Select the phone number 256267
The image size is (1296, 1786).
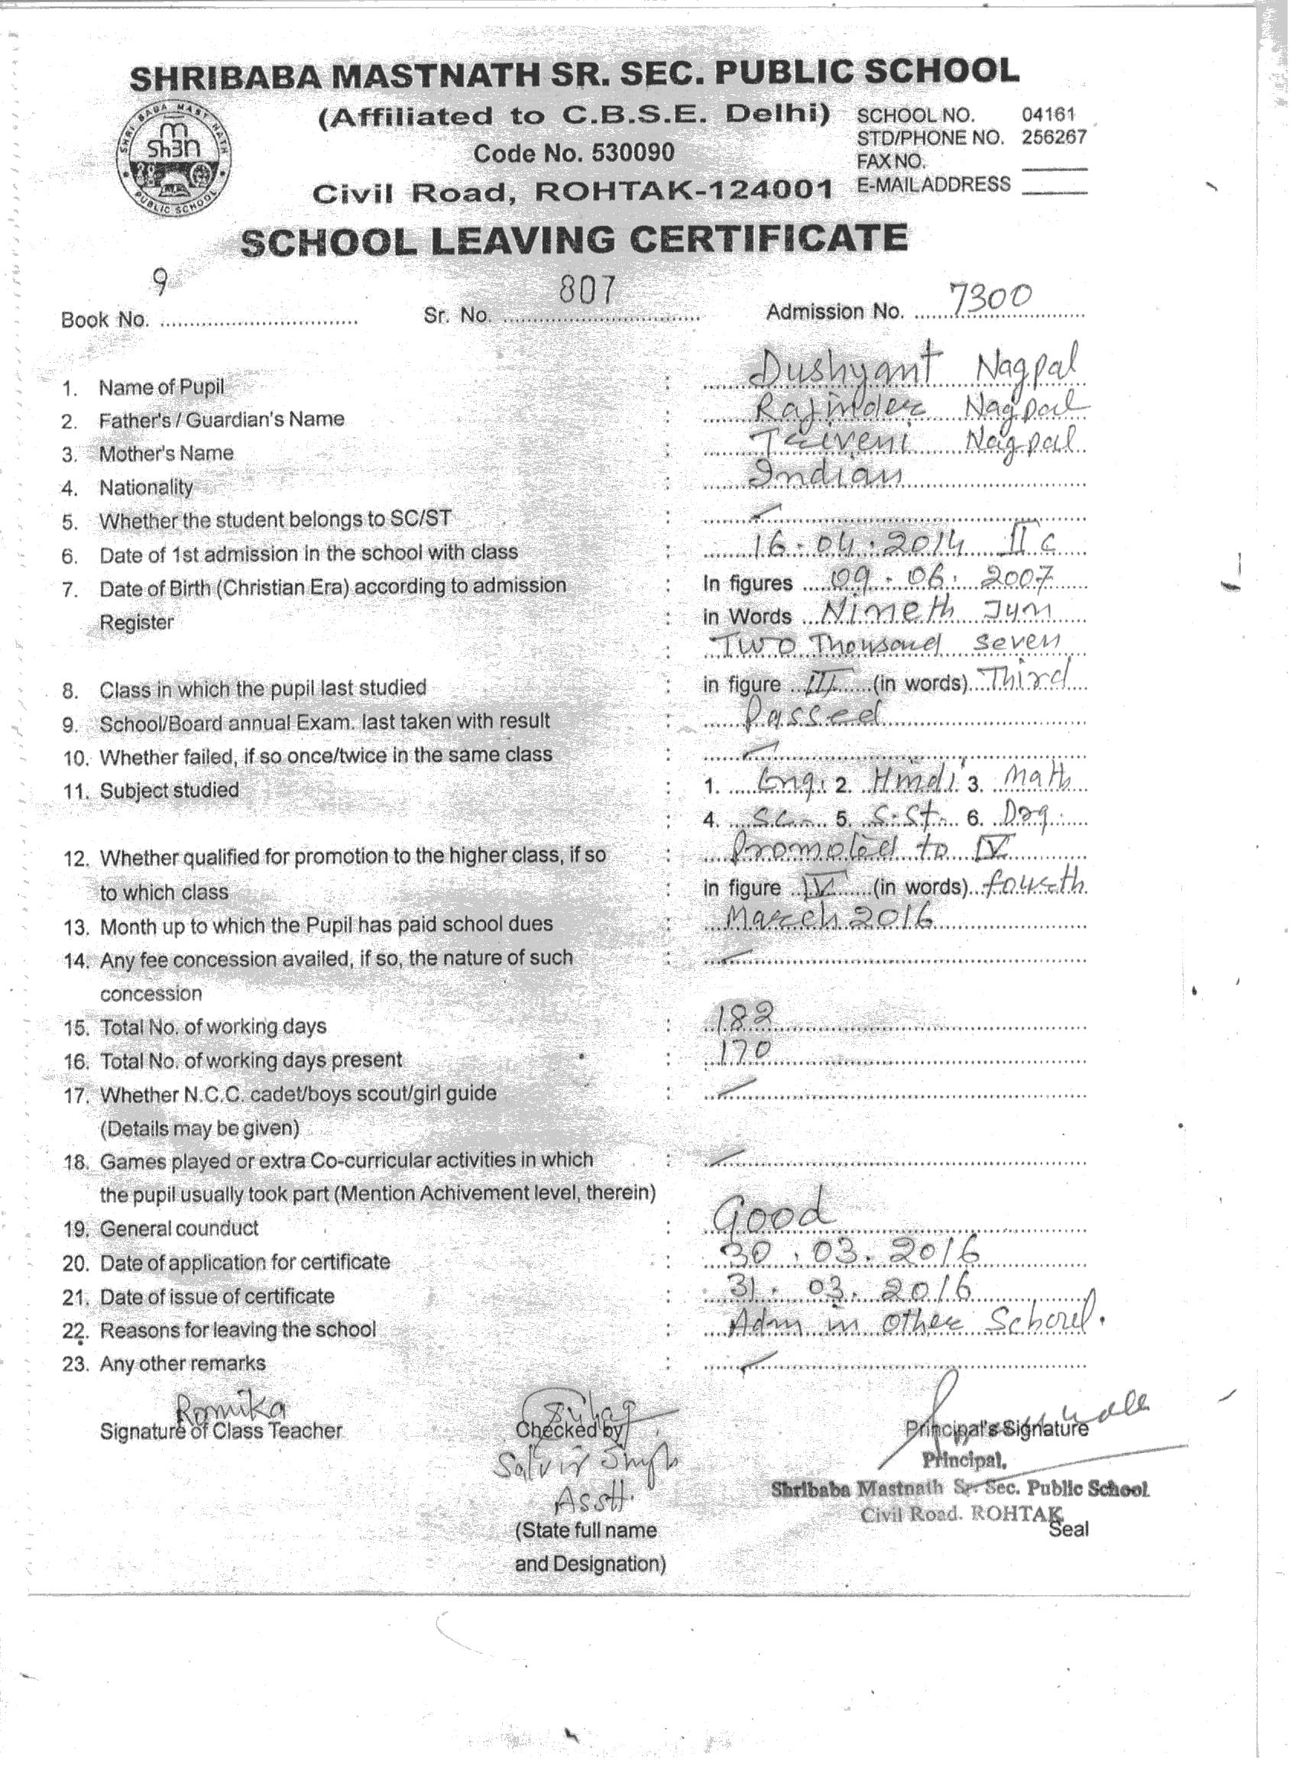click(1054, 137)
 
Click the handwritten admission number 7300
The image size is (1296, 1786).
click(990, 298)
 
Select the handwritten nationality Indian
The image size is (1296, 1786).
click(828, 474)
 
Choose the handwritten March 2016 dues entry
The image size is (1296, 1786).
click(819, 917)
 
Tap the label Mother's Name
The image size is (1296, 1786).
click(166, 454)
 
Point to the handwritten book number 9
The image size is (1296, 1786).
click(159, 281)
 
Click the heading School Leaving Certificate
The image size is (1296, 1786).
click(574, 240)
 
